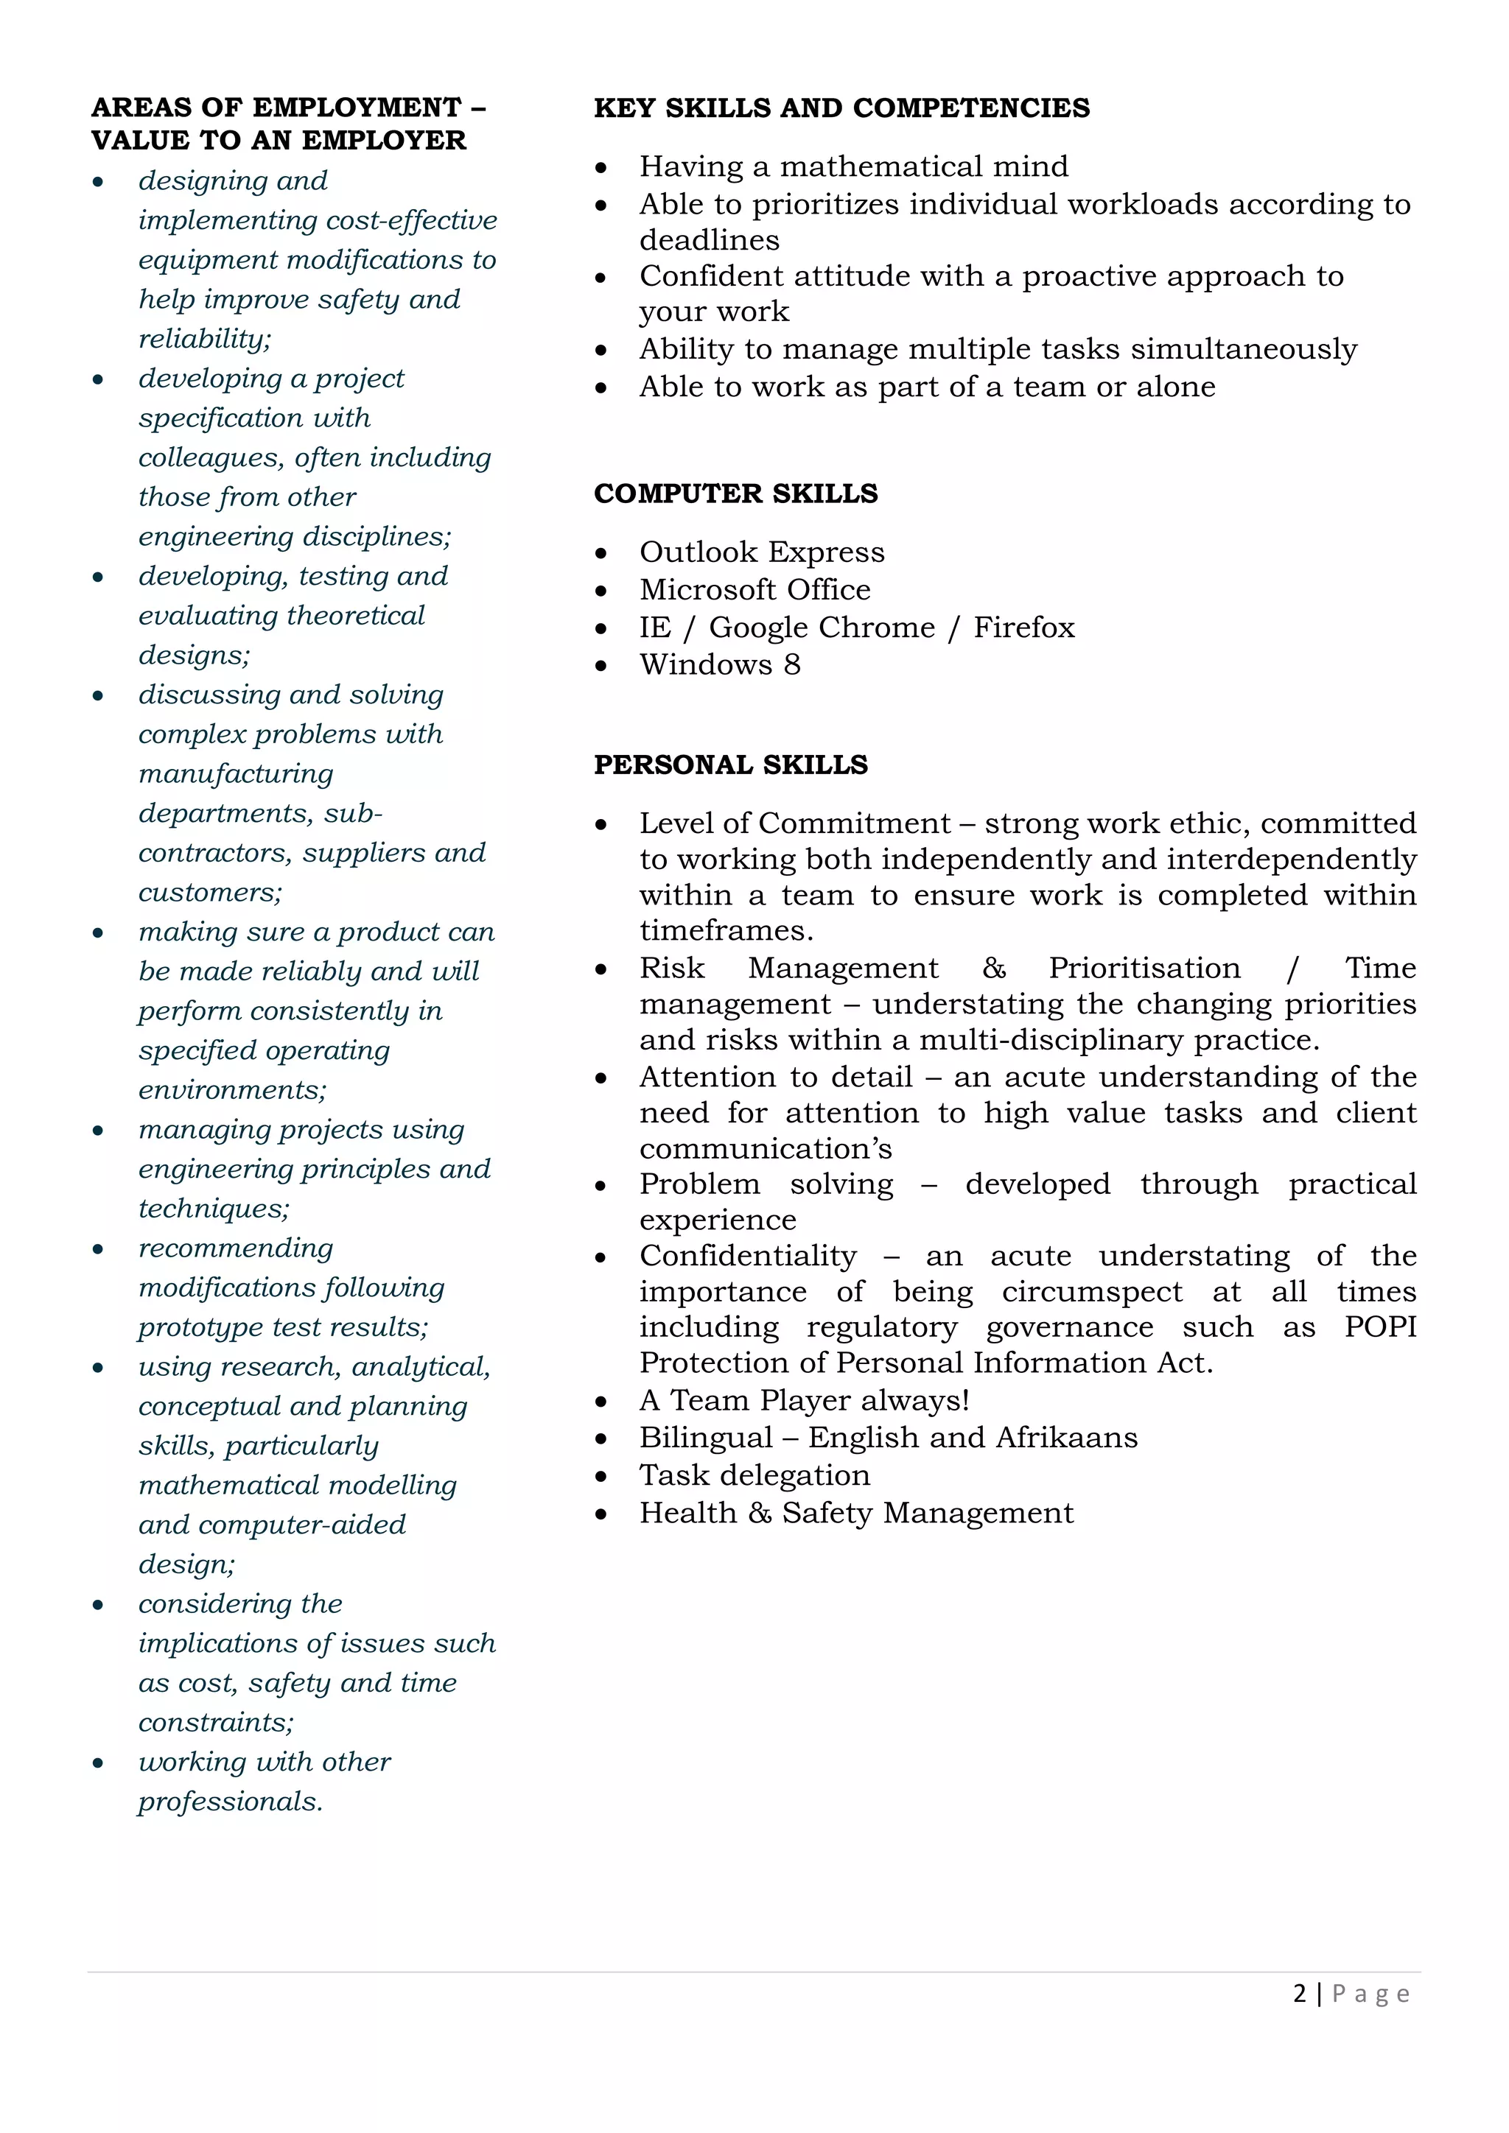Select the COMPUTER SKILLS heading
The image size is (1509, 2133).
click(x=735, y=493)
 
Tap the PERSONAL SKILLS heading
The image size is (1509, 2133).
click(x=730, y=765)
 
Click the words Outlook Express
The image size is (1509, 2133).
click(x=761, y=552)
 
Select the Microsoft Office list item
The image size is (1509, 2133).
click(x=754, y=589)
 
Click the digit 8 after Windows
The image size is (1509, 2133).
click(x=791, y=664)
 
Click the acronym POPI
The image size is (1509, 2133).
click(x=1380, y=1326)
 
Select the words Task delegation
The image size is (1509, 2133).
click(x=754, y=1475)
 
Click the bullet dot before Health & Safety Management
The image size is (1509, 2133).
click(x=601, y=1514)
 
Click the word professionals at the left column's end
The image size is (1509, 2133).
click(x=229, y=1802)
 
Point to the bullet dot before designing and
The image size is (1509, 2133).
click(x=97, y=182)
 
